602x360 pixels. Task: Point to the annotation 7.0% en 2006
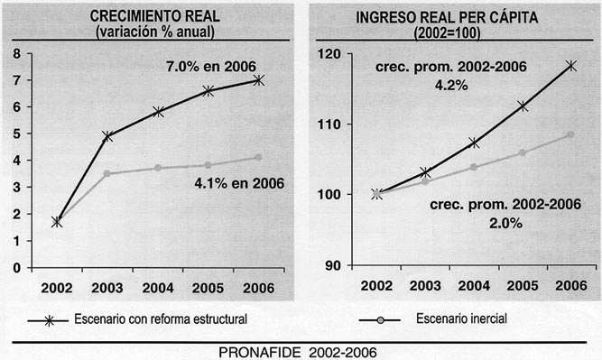[211, 66]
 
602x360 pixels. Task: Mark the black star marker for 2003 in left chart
[107, 136]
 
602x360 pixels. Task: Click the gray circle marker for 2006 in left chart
[258, 157]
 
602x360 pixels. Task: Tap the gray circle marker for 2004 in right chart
[474, 167]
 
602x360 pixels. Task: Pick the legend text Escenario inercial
[464, 319]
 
